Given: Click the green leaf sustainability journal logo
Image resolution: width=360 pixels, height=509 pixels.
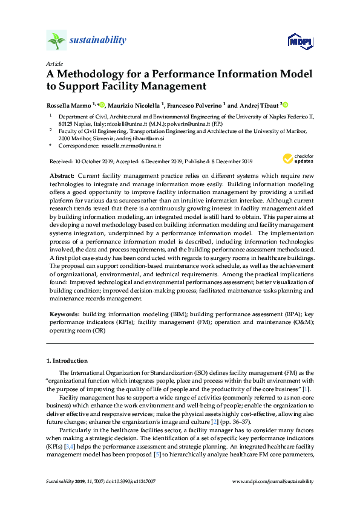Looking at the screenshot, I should (x=56, y=41).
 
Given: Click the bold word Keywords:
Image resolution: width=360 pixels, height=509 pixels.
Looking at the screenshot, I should (x=64, y=315).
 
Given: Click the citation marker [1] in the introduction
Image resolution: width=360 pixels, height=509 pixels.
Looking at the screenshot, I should (x=309, y=390).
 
